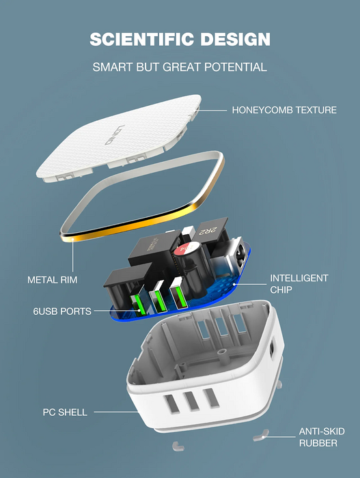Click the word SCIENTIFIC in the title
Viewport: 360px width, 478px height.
pos(142,39)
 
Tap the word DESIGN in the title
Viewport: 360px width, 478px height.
pos(235,39)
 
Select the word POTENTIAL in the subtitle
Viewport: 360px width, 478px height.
pos(236,67)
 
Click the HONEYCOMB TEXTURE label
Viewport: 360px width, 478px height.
pos(284,110)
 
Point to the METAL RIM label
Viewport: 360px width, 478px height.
pos(53,280)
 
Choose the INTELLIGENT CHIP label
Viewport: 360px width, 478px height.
pos(299,284)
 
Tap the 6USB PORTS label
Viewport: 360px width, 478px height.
pos(62,311)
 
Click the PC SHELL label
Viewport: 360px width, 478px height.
pos(65,412)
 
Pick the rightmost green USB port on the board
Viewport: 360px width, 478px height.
pos(178,296)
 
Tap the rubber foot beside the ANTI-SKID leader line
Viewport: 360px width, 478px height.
pos(261,436)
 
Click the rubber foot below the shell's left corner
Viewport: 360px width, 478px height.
pos(178,446)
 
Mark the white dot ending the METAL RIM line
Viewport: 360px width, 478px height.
pos(73,240)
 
